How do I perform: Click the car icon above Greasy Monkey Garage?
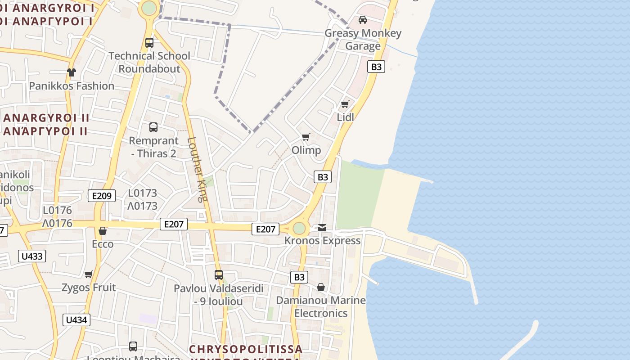362,19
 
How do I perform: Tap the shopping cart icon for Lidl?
345,104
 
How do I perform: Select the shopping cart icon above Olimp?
306,137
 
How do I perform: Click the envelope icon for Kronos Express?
322,228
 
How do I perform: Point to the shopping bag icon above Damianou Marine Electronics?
321,287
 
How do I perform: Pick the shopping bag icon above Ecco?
103,231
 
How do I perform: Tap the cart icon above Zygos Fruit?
89,274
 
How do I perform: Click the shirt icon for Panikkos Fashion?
72,72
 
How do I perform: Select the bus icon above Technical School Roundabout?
149,43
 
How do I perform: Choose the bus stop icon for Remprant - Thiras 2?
153,127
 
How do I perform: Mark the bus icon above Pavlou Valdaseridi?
219,274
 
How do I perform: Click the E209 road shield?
102,196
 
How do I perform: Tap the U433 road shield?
32,256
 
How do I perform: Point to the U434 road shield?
76,320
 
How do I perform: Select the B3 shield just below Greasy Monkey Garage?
376,67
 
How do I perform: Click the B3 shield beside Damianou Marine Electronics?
299,277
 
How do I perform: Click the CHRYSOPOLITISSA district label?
246,349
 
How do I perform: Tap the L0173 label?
143,193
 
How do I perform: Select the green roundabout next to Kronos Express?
299,229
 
